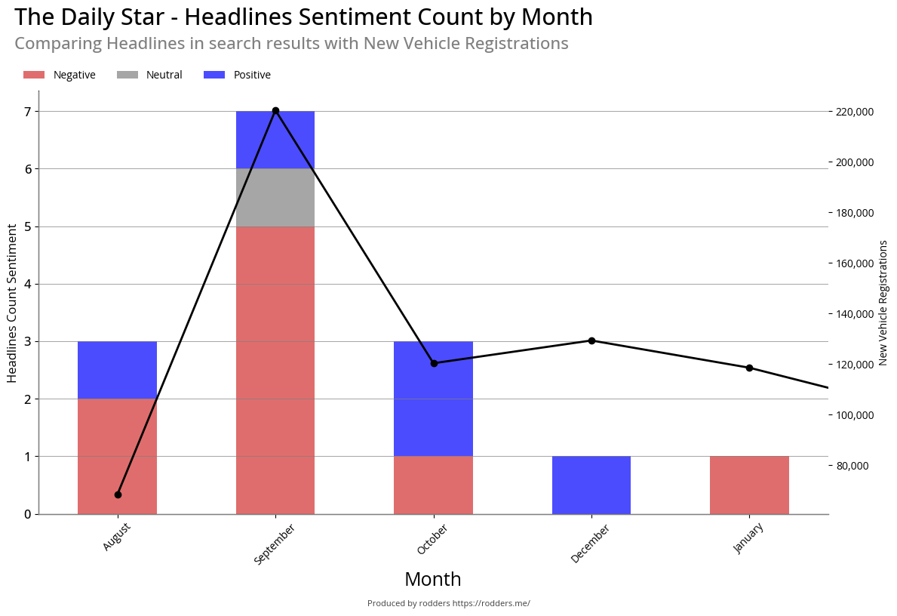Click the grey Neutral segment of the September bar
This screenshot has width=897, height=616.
point(275,198)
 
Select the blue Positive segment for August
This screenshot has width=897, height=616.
point(117,370)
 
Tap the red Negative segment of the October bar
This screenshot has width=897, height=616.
point(433,485)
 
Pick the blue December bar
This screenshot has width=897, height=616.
point(591,485)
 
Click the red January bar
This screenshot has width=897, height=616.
point(749,485)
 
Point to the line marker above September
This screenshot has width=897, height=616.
point(275,111)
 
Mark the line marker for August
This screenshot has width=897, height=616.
point(118,494)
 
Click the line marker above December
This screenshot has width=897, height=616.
point(591,340)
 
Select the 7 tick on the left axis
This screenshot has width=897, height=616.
point(27,112)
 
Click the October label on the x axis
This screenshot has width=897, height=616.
point(432,540)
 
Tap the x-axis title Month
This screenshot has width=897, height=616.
point(433,579)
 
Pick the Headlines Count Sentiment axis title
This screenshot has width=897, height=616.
point(12,303)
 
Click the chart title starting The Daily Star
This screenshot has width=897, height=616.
point(303,17)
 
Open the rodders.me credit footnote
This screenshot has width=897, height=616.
point(448,603)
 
